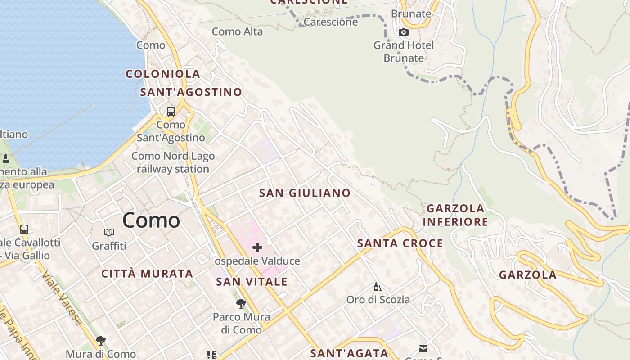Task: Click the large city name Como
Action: [151, 220]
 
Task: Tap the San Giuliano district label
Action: [305, 193]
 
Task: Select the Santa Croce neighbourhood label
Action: [400, 243]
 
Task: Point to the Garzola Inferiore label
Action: [455, 215]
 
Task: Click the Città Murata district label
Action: [147, 274]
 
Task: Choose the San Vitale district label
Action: [252, 282]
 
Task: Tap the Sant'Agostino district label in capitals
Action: [191, 92]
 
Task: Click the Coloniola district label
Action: [163, 74]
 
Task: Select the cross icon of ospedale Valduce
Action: [257, 247]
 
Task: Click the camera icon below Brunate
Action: [404, 32]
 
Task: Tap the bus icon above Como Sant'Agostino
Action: [171, 111]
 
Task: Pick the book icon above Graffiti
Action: [109, 232]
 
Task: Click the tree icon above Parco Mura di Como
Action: [241, 304]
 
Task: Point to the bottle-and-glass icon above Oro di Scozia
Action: [378, 287]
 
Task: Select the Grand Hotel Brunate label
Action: [404, 52]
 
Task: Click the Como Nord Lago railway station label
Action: [173, 162]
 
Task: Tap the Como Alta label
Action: [237, 31]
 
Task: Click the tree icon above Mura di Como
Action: [101, 340]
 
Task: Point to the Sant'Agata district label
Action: [349, 353]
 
